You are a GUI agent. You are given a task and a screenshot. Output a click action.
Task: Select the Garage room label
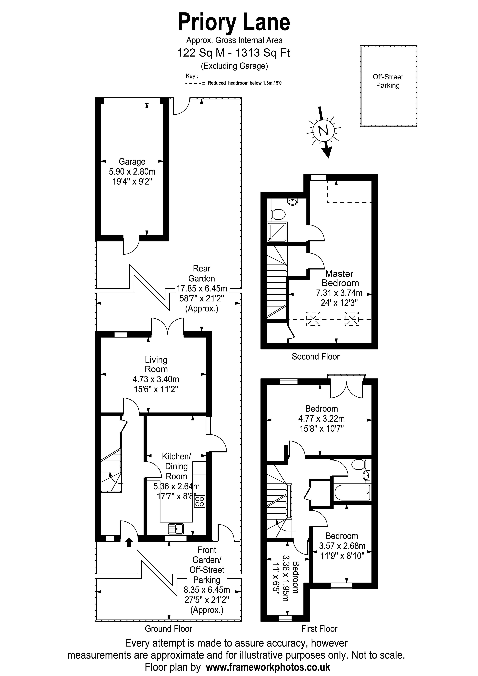132,162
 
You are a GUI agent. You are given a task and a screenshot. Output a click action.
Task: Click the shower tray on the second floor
277,232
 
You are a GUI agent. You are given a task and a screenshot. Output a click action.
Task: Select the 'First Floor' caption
319,629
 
